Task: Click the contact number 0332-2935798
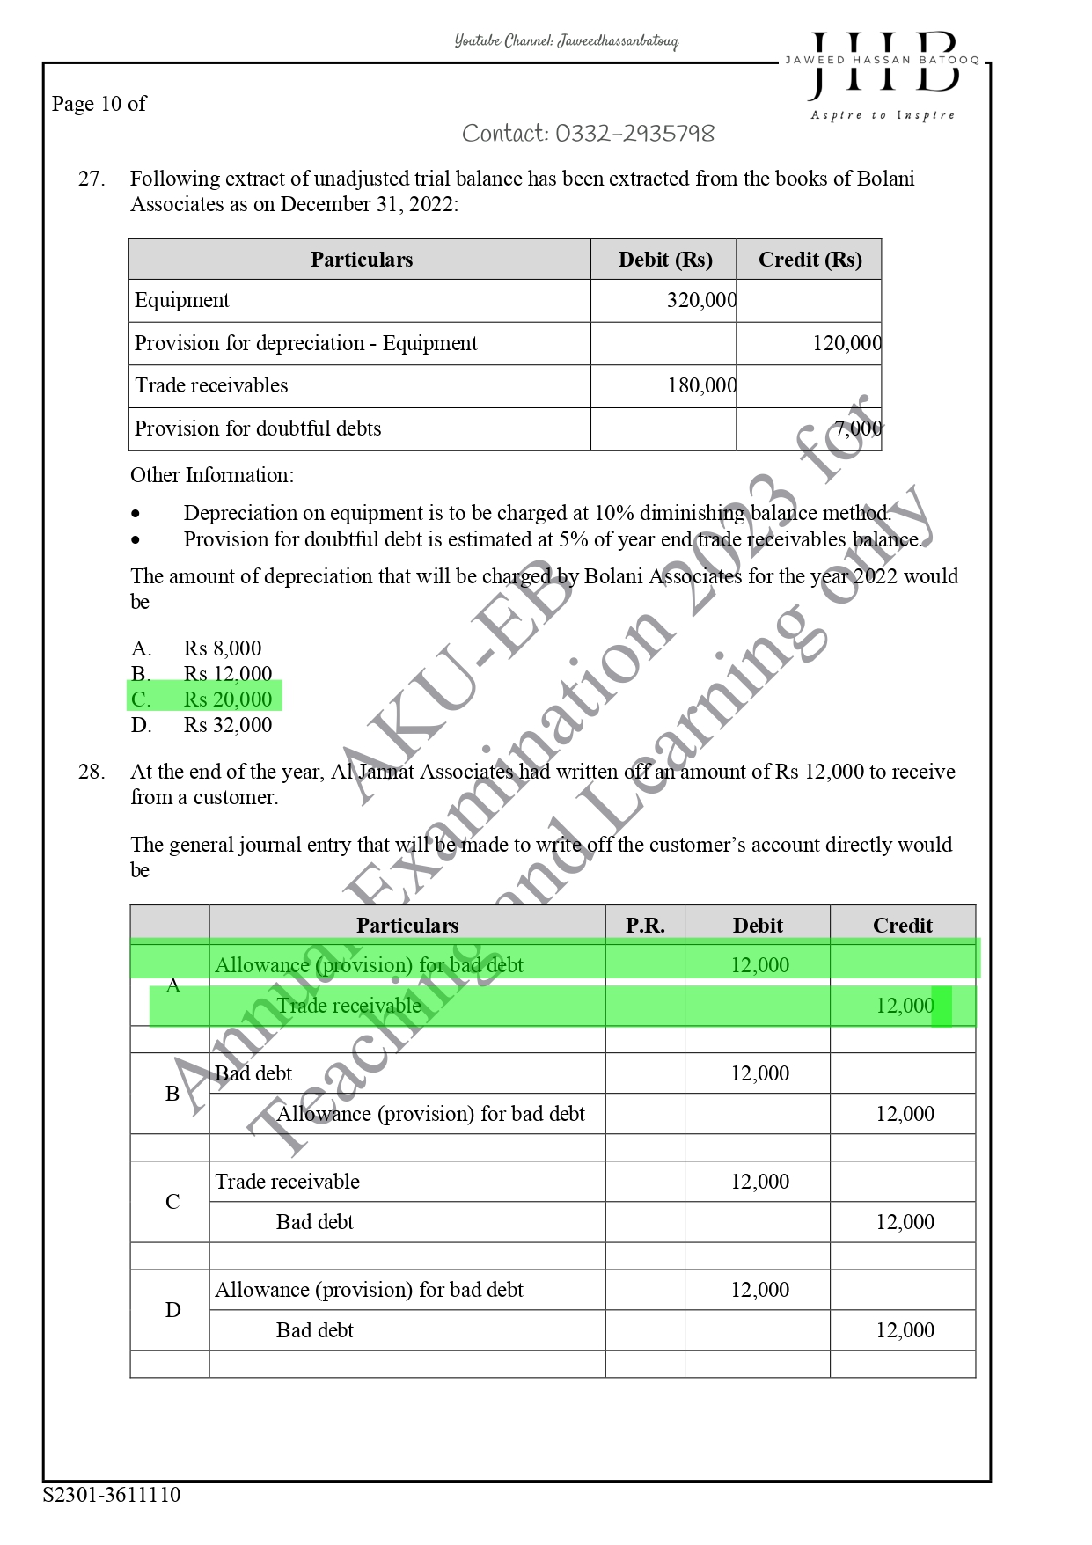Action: tap(588, 134)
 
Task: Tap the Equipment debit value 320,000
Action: tap(700, 301)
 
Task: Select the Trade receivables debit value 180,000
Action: tap(700, 385)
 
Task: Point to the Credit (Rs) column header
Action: tap(810, 260)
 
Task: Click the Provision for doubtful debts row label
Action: tap(258, 428)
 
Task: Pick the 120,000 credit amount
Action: tap(846, 343)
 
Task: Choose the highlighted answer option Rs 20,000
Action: tap(227, 699)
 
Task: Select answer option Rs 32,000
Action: tap(227, 725)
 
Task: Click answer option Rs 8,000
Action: tap(222, 648)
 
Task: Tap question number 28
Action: tap(92, 772)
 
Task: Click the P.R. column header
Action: tap(645, 926)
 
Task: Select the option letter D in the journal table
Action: tap(172, 1310)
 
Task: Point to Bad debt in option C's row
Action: tap(314, 1222)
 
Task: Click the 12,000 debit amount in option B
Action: tap(759, 1073)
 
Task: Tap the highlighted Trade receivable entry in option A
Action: tap(348, 1006)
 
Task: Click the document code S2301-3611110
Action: tap(112, 1495)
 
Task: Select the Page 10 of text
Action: tap(99, 104)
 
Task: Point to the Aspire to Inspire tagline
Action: tap(882, 115)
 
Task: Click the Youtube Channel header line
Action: tap(566, 41)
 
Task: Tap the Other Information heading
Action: tap(212, 475)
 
